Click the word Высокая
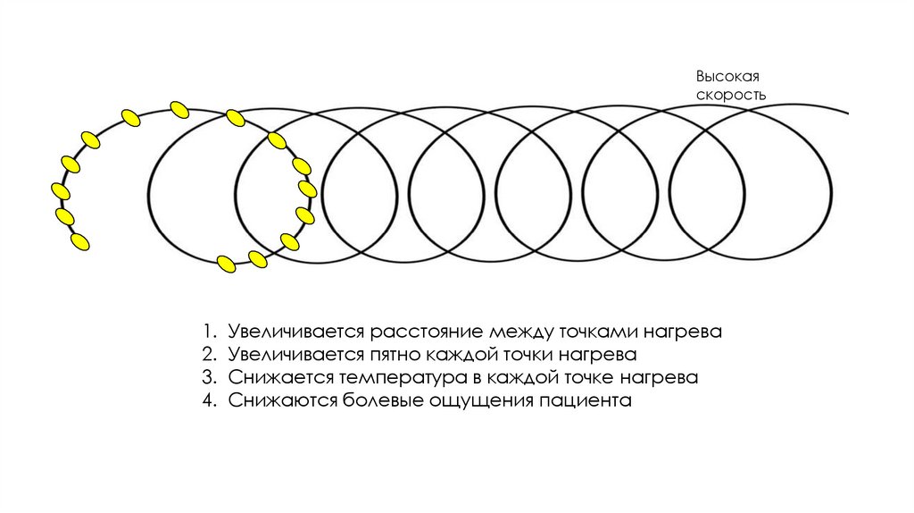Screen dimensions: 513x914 [719, 77]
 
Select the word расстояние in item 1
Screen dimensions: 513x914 [430, 332]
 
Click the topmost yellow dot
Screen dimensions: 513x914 [179, 109]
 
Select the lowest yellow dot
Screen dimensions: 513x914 [227, 264]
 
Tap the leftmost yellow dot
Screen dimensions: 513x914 [61, 190]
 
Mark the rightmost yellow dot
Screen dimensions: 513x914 [307, 189]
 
